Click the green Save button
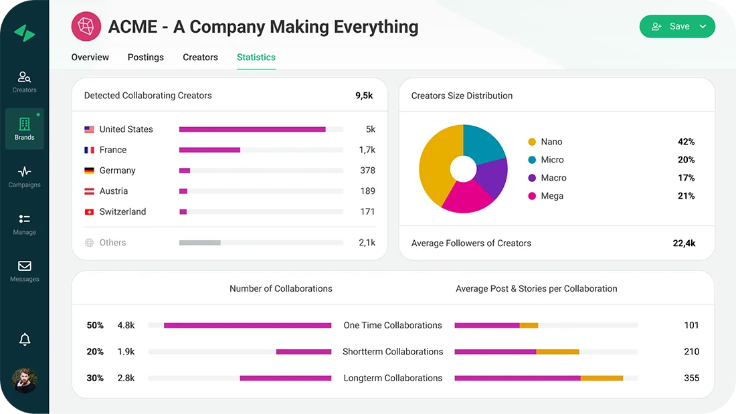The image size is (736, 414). tap(676, 26)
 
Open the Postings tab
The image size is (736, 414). tap(146, 58)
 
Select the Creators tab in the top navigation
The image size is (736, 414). tap(200, 58)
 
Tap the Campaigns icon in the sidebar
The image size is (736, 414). tap(25, 172)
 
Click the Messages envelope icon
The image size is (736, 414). tap(25, 266)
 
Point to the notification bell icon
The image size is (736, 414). tap(25, 340)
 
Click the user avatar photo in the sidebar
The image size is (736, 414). tap(25, 380)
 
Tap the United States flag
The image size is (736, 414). tap(89, 130)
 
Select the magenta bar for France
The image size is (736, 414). tap(209, 150)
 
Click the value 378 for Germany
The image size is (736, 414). tap(367, 171)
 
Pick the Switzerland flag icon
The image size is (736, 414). tap(89, 212)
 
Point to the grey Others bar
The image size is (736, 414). tap(199, 243)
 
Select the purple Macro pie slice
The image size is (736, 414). tap(494, 177)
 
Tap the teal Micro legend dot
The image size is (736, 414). tap(532, 160)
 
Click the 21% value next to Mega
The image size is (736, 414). tap(686, 196)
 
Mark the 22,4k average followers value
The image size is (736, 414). tap(684, 243)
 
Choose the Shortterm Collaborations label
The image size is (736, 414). tap(393, 352)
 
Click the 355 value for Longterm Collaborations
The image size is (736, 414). tap(691, 378)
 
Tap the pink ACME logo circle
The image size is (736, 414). tap(86, 27)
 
